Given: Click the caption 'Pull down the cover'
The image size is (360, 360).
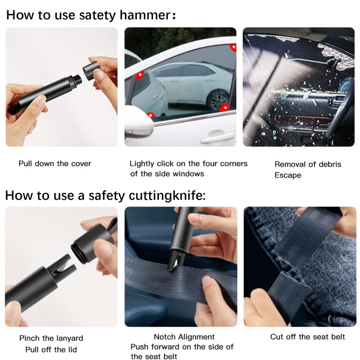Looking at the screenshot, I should coord(55,163).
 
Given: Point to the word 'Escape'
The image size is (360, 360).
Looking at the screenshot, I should coord(288,175).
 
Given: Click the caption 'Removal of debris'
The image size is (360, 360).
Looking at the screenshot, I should coord(308,164).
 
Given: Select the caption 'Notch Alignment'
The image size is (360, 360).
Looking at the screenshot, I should coord(184,337).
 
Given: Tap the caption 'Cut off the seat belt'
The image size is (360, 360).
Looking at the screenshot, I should coord(307,337).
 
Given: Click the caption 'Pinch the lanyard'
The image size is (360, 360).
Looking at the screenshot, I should coord(51,338).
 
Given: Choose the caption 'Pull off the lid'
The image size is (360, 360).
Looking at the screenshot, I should coord(48,350).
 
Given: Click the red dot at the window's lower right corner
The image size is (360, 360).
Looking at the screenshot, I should coord(224,107).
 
